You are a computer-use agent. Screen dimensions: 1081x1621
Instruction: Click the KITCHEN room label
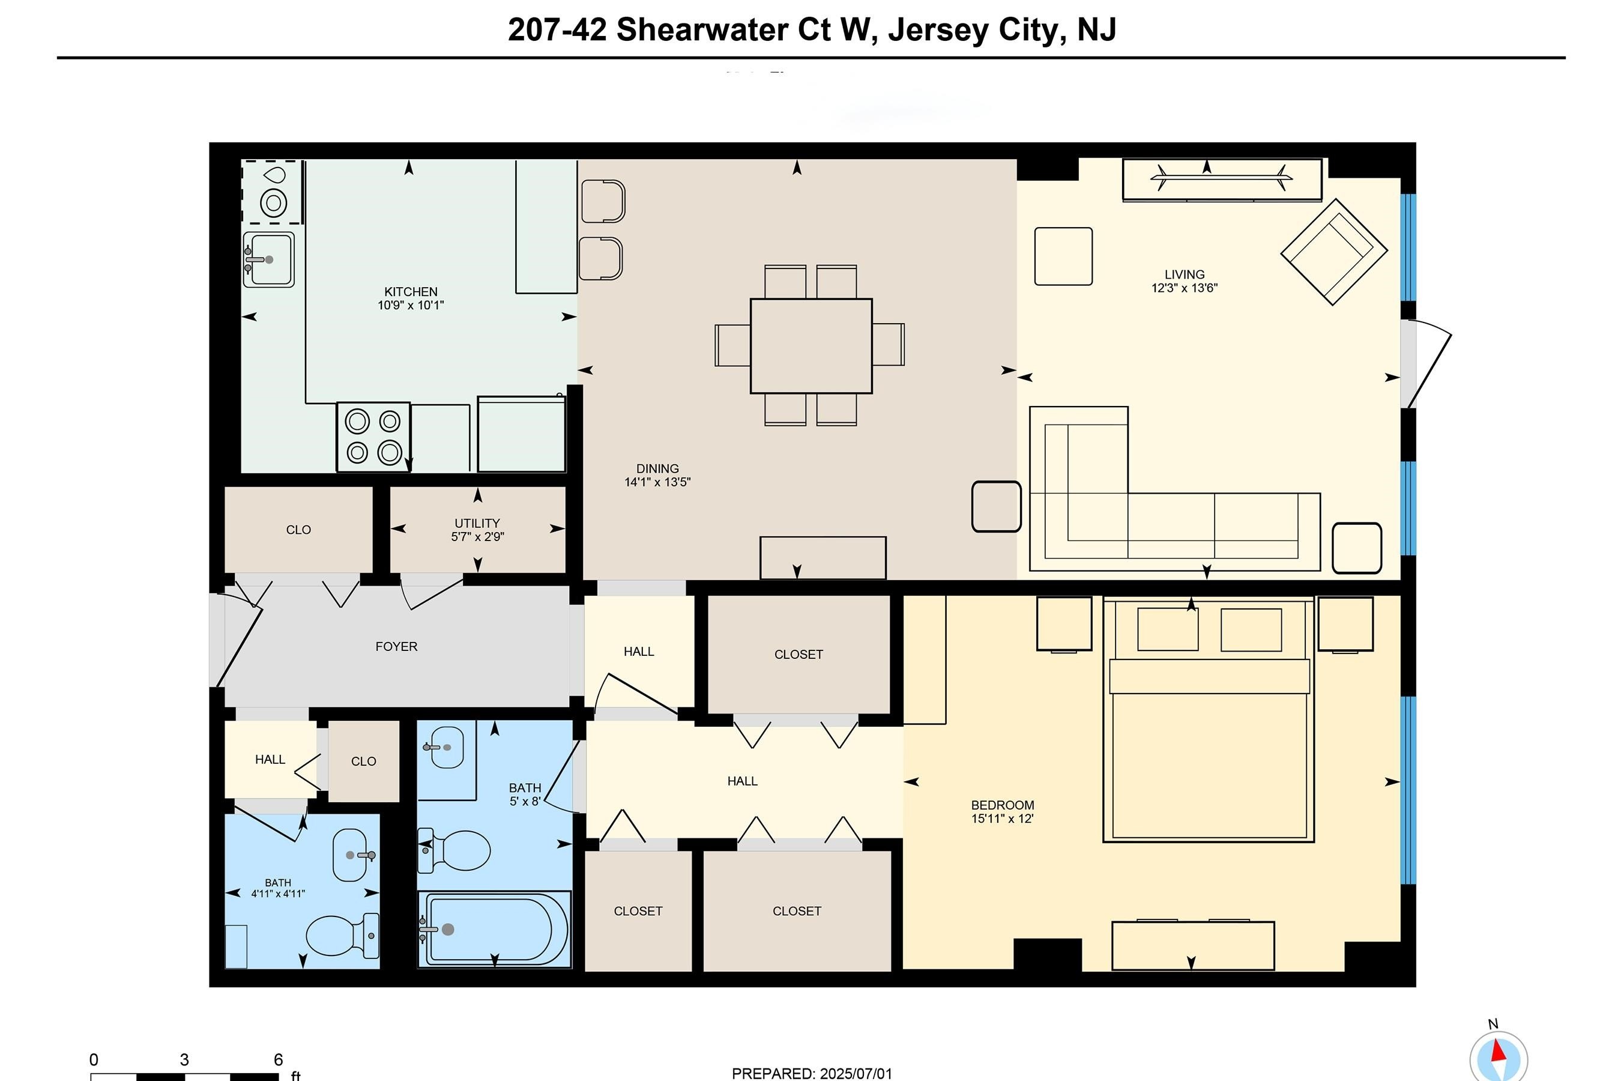pos(410,292)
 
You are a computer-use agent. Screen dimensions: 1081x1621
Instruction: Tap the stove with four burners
pos(373,437)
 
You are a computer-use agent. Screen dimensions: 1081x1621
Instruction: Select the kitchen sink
pos(269,259)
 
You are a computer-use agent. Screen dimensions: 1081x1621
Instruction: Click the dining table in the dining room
pos(810,345)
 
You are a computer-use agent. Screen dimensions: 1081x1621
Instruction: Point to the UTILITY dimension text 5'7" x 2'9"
pos(477,536)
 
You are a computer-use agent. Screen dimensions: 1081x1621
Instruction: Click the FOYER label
pos(396,647)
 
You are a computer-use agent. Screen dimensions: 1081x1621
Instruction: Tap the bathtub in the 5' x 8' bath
pos(494,929)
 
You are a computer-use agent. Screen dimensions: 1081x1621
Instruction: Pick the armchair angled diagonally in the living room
pos(1333,252)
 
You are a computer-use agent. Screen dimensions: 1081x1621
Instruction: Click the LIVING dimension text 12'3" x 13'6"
pos(1184,288)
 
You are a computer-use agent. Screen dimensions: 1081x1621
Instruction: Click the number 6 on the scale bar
pos(278,1059)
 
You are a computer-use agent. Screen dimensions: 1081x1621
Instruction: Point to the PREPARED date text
pos(811,1073)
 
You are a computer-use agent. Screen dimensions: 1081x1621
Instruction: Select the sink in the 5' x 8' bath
pos(447,746)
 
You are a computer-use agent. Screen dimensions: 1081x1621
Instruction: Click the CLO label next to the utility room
pos(298,530)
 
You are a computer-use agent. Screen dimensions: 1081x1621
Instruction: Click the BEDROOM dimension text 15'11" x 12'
pos(1002,819)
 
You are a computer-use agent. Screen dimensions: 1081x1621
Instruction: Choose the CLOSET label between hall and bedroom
pos(798,654)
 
